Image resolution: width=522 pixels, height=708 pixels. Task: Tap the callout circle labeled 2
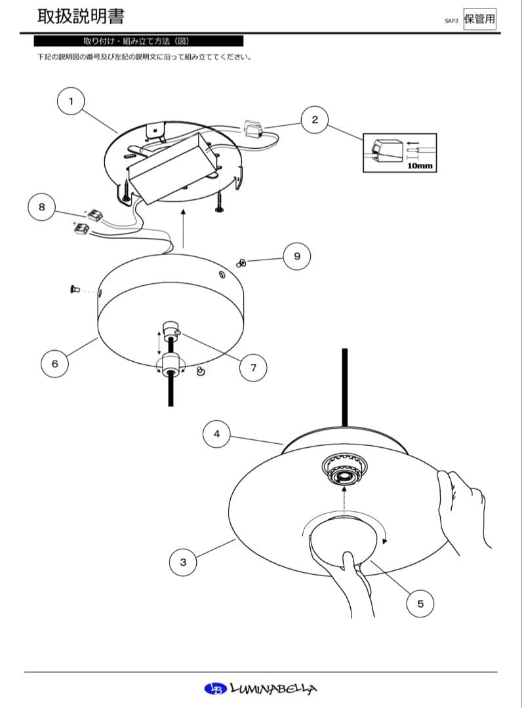click(315, 119)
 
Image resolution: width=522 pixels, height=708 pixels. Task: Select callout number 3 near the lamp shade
click(183, 562)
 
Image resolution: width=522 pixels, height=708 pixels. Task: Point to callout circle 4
click(216, 433)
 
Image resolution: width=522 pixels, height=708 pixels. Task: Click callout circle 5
click(420, 603)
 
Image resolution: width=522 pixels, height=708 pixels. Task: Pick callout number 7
click(253, 368)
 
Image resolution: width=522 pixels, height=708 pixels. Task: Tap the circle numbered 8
click(42, 206)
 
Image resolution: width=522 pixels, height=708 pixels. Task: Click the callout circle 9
click(297, 256)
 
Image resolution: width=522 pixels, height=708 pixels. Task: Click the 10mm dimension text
click(420, 167)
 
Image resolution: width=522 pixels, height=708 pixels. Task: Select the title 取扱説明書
click(81, 16)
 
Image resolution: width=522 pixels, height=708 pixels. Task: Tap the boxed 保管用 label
click(479, 18)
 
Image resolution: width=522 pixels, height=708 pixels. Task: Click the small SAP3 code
click(451, 21)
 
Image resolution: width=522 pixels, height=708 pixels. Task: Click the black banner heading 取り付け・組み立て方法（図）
click(138, 41)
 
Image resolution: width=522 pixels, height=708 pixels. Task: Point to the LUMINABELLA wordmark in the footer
click(274, 688)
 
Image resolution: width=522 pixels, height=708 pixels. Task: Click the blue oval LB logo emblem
click(214, 688)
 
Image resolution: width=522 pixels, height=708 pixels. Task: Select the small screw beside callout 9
click(241, 263)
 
